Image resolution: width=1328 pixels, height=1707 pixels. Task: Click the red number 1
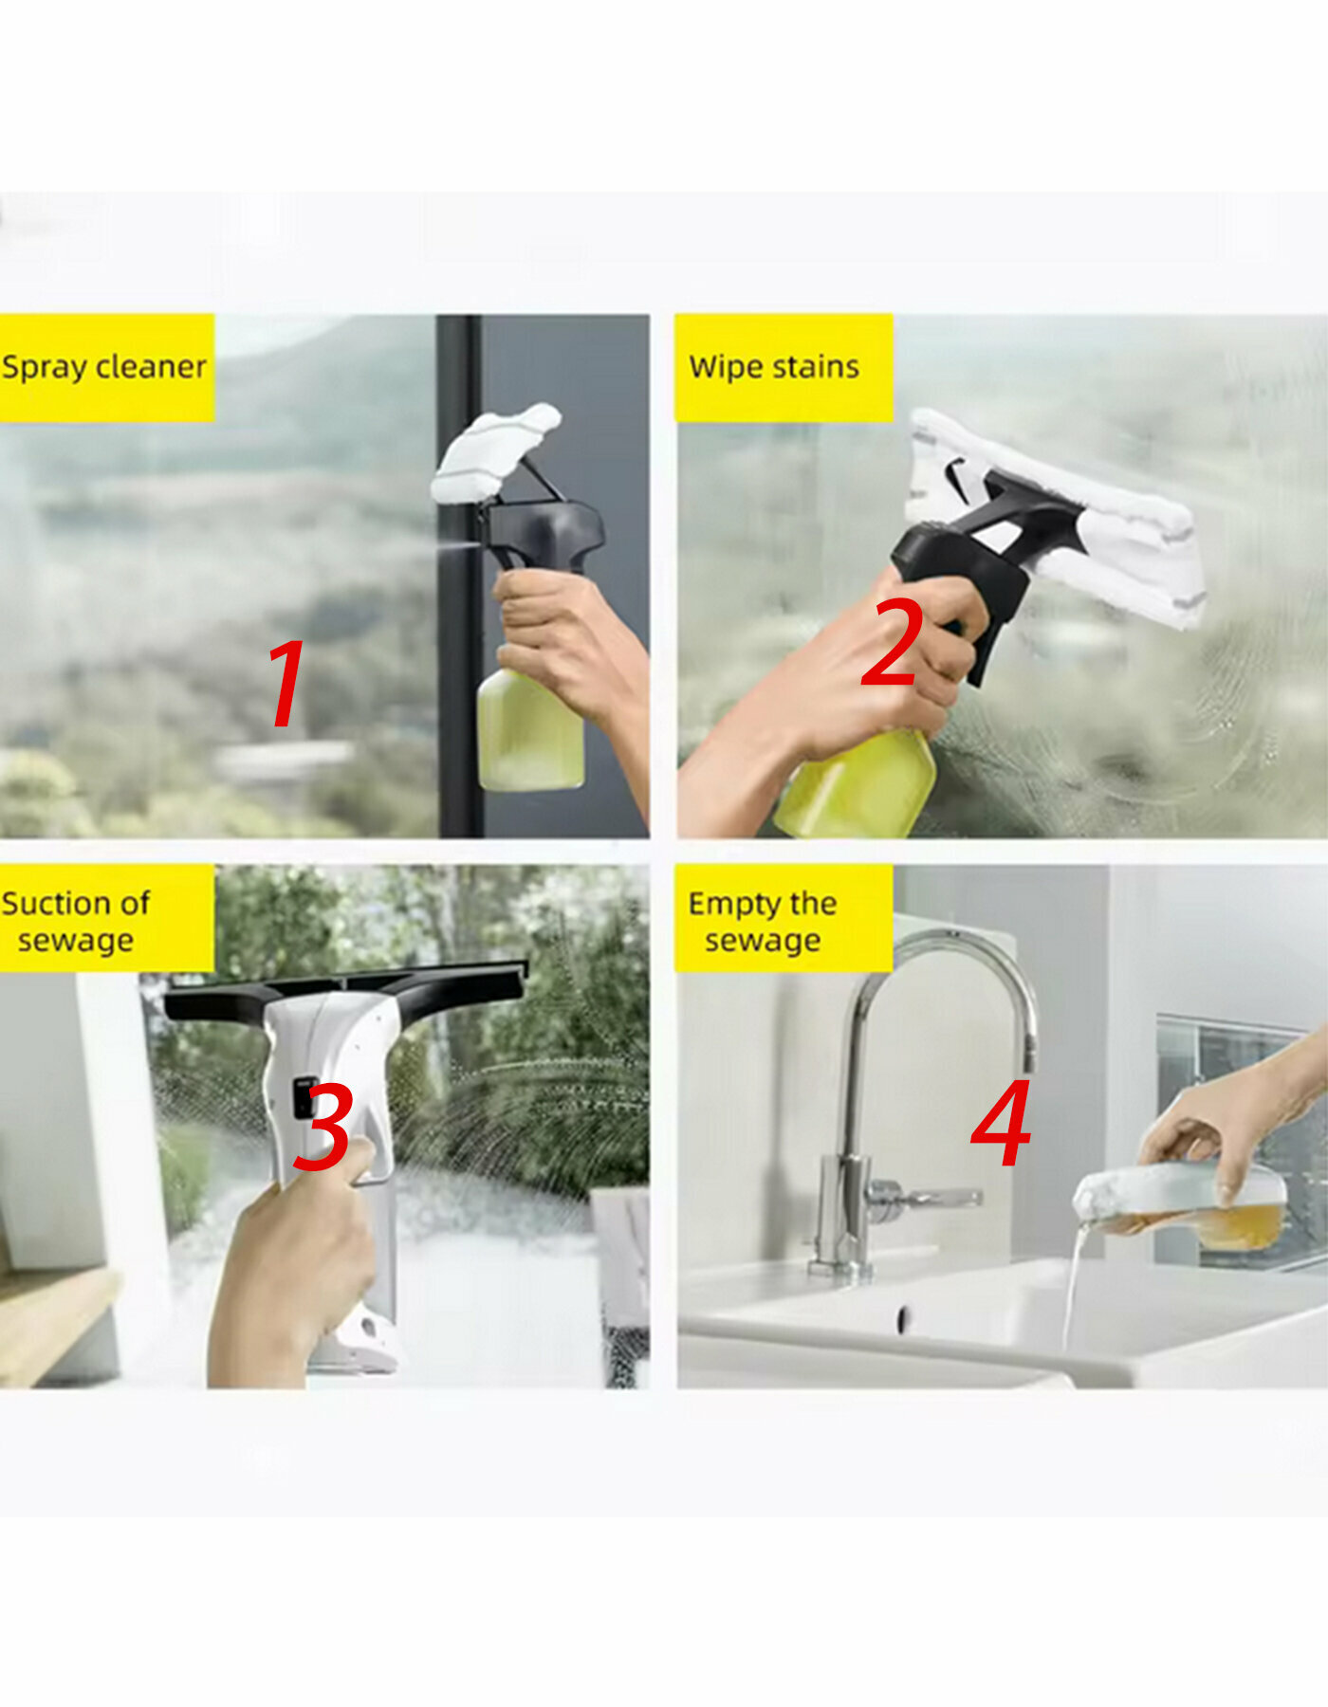(x=287, y=682)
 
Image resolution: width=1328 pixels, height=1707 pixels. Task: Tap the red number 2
(x=893, y=642)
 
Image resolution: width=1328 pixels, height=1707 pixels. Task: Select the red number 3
(x=323, y=1129)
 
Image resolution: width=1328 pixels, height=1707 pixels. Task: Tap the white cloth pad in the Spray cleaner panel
(x=494, y=453)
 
